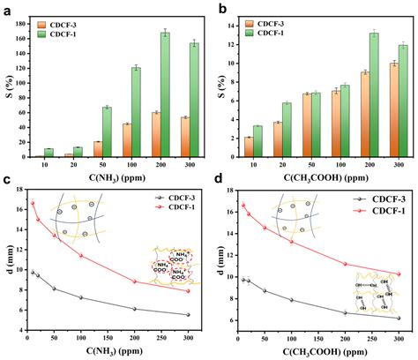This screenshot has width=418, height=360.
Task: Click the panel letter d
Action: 218,183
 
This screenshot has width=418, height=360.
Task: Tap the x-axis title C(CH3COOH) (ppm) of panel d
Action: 319,351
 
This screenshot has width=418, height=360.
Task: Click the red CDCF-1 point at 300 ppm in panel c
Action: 188,290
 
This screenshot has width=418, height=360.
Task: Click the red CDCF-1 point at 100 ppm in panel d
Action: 292,242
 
